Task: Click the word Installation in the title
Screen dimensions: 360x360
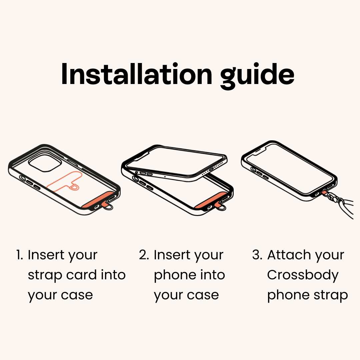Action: (137, 74)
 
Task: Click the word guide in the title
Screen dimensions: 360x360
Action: (257, 76)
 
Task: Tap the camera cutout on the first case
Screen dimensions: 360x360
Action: (45, 163)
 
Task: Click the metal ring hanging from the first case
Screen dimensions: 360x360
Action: (108, 207)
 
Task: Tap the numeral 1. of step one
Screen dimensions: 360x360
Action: (20, 255)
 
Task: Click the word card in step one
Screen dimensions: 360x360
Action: (81, 275)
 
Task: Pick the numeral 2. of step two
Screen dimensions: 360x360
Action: (144, 255)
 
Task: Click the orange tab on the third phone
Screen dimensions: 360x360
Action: (324, 192)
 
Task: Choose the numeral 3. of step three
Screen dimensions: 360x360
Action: (257, 255)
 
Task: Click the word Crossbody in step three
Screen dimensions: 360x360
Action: (303, 275)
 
